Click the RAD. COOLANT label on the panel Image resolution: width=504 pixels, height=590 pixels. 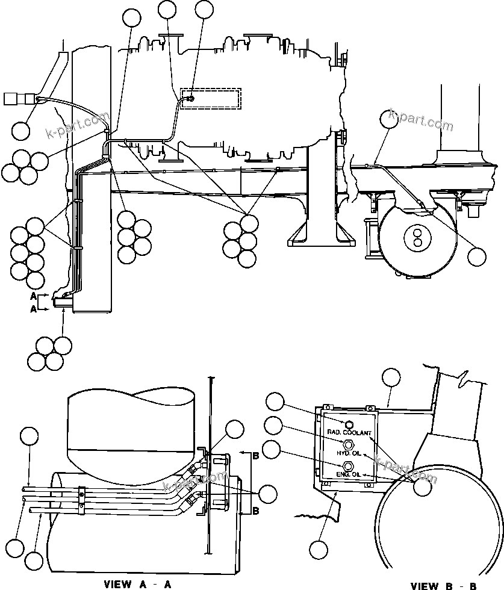349,433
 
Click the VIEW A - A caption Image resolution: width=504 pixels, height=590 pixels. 138,583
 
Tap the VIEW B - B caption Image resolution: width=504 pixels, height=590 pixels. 444,585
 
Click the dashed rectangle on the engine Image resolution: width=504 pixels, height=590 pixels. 211,99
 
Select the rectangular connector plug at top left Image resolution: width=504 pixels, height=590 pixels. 13,99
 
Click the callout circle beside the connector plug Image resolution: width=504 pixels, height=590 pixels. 22,130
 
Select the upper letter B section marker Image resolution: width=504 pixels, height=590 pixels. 255,455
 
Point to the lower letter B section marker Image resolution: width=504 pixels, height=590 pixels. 255,511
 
